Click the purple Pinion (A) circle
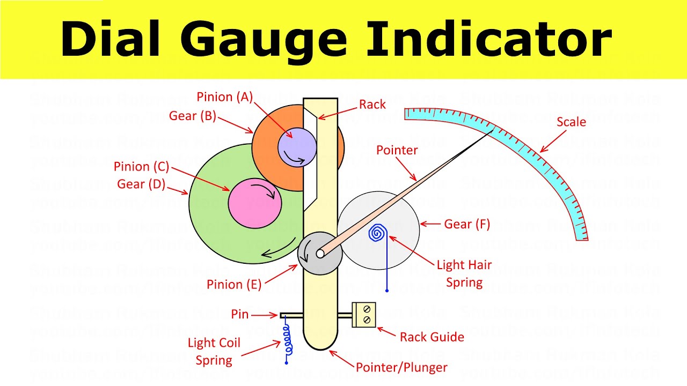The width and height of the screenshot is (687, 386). tap(297, 146)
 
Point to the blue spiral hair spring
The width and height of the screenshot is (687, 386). tap(378, 233)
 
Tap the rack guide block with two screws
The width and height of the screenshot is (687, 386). tap(364, 315)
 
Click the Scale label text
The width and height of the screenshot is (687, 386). tap(571, 122)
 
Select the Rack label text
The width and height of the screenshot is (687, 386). tap(372, 105)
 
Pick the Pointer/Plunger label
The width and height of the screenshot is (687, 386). tap(401, 368)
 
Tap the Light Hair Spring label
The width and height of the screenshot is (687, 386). tap(464, 273)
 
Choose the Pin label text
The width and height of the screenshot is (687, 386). tap(240, 314)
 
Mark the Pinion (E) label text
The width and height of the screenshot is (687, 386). tap(234, 284)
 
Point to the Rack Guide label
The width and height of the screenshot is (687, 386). tap(432, 337)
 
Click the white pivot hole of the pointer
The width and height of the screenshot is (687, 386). tap(320, 254)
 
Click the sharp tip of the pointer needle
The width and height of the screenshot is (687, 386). tap(493, 130)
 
